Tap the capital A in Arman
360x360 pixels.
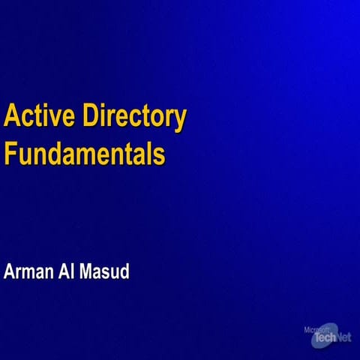pyautogui.click(x=10, y=271)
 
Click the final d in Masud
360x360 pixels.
pyautogui.click(x=125, y=271)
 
